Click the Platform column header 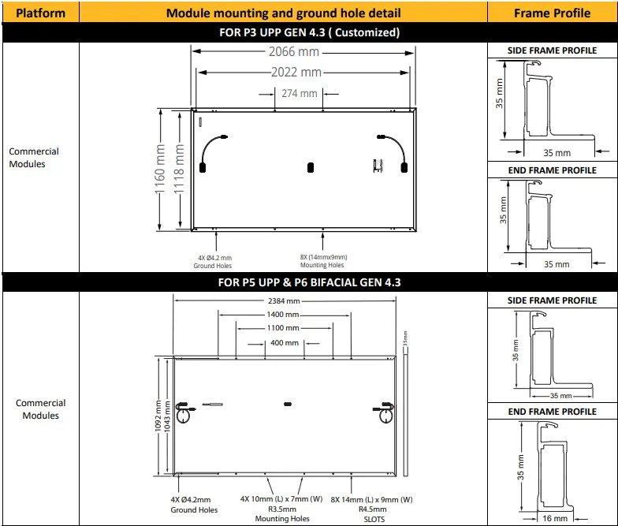(40, 13)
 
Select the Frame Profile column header (552, 13)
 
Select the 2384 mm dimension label (284, 301)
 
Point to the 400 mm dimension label (284, 343)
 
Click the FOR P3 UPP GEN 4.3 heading (309, 33)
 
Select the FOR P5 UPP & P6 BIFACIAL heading (309, 282)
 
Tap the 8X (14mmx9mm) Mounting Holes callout (322, 261)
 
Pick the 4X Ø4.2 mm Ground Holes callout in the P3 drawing (214, 261)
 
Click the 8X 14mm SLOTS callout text (371, 509)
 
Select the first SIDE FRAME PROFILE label (552, 50)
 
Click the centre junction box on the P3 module (310, 166)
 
